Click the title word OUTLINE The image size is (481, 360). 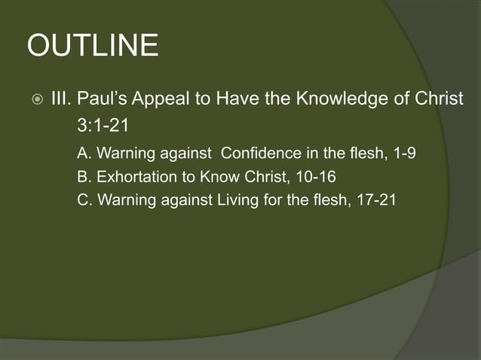[93, 47]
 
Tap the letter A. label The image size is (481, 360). [85, 154]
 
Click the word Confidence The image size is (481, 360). [261, 154]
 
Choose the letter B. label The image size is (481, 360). [85, 178]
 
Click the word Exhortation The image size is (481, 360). [136, 178]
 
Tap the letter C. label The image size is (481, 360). [85, 202]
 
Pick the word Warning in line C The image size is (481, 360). [126, 202]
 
